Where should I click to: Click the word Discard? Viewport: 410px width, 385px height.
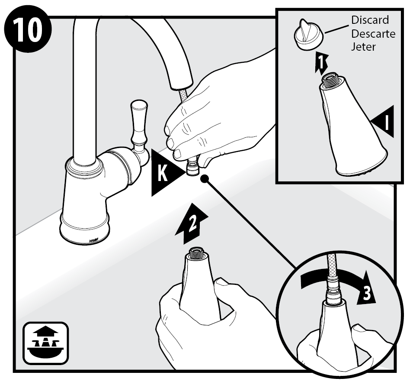point(370,20)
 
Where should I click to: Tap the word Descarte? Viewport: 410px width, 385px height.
point(373,34)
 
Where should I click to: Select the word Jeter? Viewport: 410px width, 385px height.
point(363,47)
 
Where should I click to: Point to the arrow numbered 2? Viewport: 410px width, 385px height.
point(192,223)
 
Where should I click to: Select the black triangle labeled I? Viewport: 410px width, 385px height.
point(382,122)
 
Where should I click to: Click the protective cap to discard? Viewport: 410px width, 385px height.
point(308,35)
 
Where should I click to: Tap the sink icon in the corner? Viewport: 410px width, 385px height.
point(46,343)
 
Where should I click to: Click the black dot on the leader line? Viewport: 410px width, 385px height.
point(204,179)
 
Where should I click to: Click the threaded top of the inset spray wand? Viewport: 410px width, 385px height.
point(331,80)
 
